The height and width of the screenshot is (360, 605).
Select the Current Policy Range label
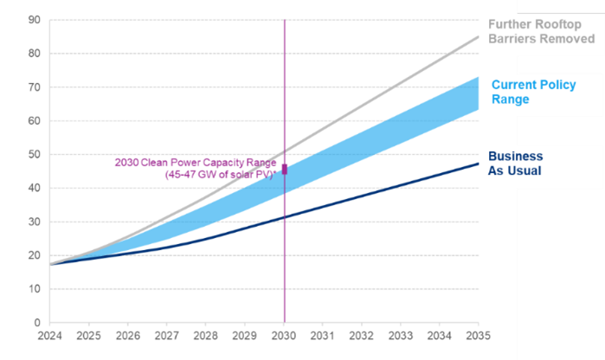(523, 93)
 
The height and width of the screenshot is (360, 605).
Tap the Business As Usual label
(516, 164)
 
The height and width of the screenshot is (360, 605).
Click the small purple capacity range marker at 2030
(285, 169)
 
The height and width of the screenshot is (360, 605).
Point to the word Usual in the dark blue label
(525, 171)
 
